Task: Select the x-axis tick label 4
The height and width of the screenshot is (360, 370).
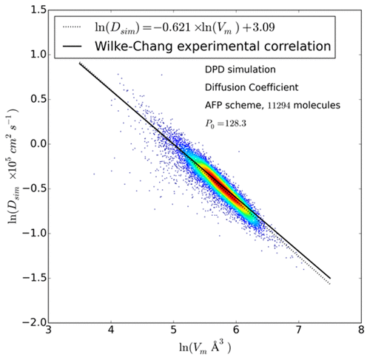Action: tap(111, 333)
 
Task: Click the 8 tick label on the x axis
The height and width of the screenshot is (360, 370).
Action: tap(360, 333)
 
